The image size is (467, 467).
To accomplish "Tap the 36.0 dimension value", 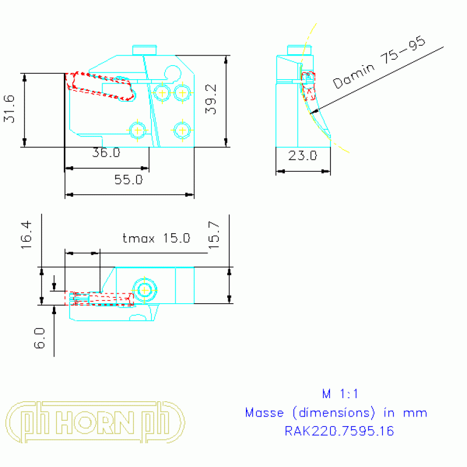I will (x=106, y=153).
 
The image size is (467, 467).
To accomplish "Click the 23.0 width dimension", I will (x=303, y=156).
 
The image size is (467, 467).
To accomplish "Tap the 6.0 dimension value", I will (x=40, y=337).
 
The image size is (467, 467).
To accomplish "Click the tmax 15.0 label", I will (x=156, y=238).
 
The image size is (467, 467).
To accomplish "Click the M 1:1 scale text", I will (x=336, y=393).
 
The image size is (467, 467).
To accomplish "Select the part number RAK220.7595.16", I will (x=339, y=431).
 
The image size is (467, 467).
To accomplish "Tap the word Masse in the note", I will (x=264, y=413).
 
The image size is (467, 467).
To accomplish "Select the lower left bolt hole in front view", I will (x=138, y=129).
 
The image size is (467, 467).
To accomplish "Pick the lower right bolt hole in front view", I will (x=182, y=129).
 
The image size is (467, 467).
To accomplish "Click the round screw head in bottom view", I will (x=145, y=290).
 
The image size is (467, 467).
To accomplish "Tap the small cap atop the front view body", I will (x=145, y=49).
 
